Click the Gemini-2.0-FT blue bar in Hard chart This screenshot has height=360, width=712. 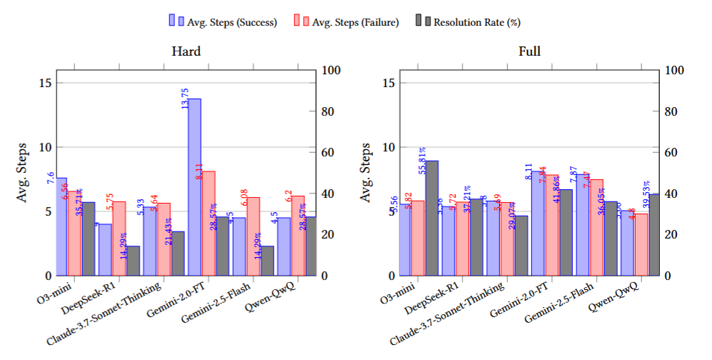194,187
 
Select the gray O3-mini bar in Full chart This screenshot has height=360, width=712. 432,218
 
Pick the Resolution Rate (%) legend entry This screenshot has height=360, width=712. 472,21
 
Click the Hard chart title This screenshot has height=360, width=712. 186,52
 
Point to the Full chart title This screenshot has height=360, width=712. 529,52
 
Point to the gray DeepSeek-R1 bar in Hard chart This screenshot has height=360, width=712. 133,261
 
